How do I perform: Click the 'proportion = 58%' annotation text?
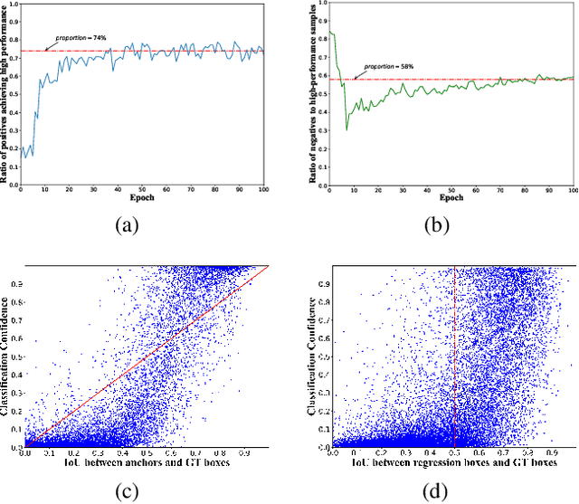[x=388, y=67]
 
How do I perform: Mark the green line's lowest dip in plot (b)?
[x=346, y=130]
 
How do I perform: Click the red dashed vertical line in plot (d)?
[x=453, y=362]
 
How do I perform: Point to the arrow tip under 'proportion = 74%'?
[x=46, y=50]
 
